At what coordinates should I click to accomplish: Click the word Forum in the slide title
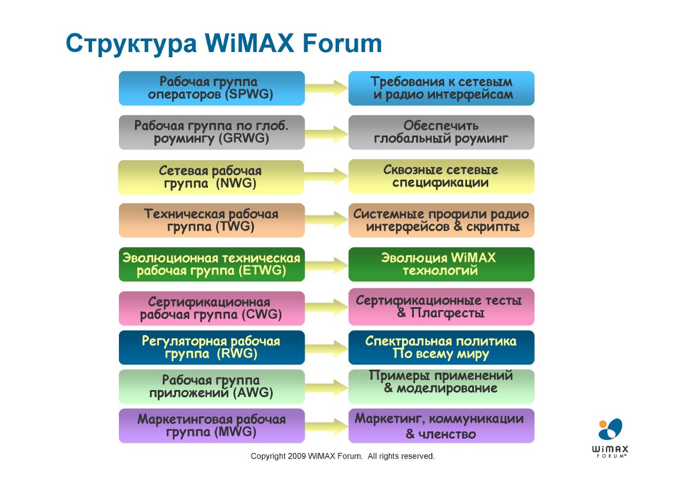(342, 43)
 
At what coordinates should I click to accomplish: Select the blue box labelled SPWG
(212, 88)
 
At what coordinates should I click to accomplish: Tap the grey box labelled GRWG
(212, 132)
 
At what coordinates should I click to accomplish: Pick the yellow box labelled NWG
(211, 177)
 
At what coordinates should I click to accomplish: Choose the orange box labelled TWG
(212, 220)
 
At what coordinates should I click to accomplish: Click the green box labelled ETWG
(212, 264)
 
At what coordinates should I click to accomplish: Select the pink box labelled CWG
(212, 308)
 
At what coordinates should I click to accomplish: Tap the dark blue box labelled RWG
(212, 347)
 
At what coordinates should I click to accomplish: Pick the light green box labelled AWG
(212, 387)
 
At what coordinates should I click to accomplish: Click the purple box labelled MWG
(212, 426)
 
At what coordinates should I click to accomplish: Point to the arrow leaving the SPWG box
(326, 88)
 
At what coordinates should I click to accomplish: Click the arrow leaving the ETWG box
(326, 265)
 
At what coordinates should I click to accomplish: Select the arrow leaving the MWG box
(326, 426)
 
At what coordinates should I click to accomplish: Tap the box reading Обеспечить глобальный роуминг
(441, 132)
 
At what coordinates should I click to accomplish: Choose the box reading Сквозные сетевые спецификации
(441, 177)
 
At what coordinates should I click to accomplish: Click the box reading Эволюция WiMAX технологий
(441, 264)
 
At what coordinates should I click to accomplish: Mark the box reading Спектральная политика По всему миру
(441, 347)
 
